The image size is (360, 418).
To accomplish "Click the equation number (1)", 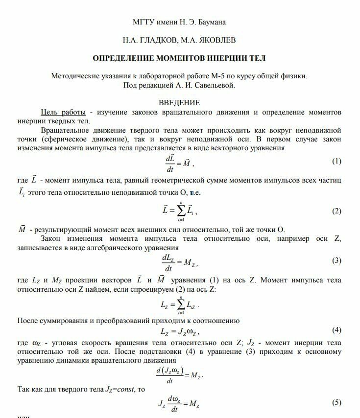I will (x=336, y=161).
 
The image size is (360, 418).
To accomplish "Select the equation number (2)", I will (x=336, y=211).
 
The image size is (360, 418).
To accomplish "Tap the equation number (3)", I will (x=336, y=261).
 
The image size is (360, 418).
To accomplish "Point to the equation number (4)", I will (x=336, y=329).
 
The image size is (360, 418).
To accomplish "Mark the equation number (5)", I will (x=336, y=402).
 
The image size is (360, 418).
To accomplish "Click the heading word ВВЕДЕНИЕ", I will (x=180, y=103).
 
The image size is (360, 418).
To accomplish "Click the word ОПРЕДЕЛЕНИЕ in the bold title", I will (x=124, y=58).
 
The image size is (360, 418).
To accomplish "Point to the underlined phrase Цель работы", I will (x=64, y=112).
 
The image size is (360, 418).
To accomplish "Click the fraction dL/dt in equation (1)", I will (x=170, y=163).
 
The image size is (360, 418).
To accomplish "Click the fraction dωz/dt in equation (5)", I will (x=173, y=403).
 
